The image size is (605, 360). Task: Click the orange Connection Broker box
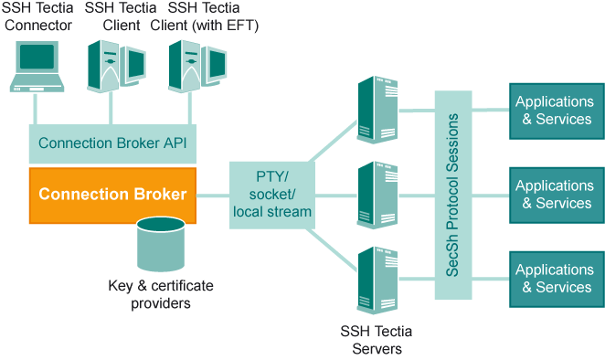[112, 195]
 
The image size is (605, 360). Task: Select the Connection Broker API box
[112, 143]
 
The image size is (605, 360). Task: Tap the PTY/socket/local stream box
[271, 194]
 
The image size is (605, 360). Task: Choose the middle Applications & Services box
[554, 195]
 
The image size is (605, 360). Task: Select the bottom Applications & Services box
[554, 279]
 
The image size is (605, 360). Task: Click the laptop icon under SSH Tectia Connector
[36, 67]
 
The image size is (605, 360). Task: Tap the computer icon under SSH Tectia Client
[116, 67]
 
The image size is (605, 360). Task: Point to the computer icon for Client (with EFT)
[195, 67]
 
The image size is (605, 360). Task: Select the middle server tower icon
[377, 195]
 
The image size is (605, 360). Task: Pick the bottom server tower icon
[377, 281]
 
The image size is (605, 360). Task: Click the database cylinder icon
[160, 245]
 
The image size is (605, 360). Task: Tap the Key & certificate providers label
[160, 294]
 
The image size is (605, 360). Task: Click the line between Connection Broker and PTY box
[212, 195]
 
